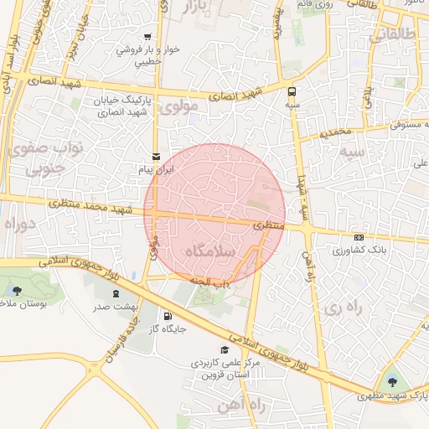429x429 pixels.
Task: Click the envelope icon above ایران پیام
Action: point(157,157)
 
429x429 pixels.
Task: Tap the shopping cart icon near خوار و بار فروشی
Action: point(147,37)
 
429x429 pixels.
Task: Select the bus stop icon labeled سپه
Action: point(292,91)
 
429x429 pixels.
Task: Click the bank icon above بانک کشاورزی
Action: point(359,237)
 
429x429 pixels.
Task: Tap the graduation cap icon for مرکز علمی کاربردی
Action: point(224,350)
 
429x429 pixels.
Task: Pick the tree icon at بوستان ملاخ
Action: point(17,291)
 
